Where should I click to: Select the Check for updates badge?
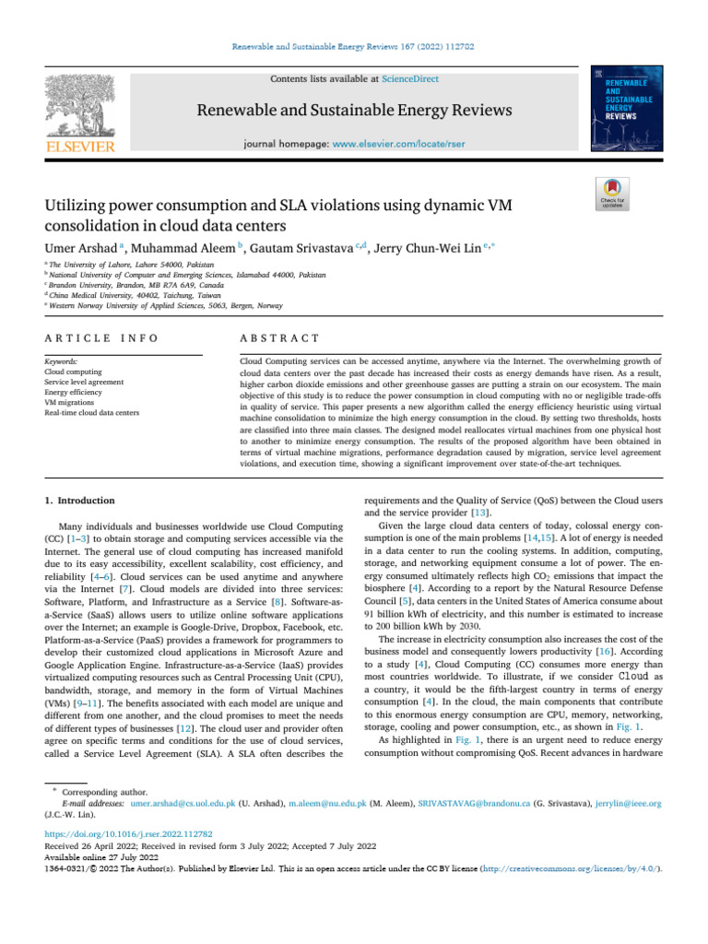tap(613, 195)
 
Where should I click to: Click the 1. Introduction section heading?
tap(80, 501)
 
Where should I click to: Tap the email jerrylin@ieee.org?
tap(630, 805)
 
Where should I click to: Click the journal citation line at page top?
tap(354, 43)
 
